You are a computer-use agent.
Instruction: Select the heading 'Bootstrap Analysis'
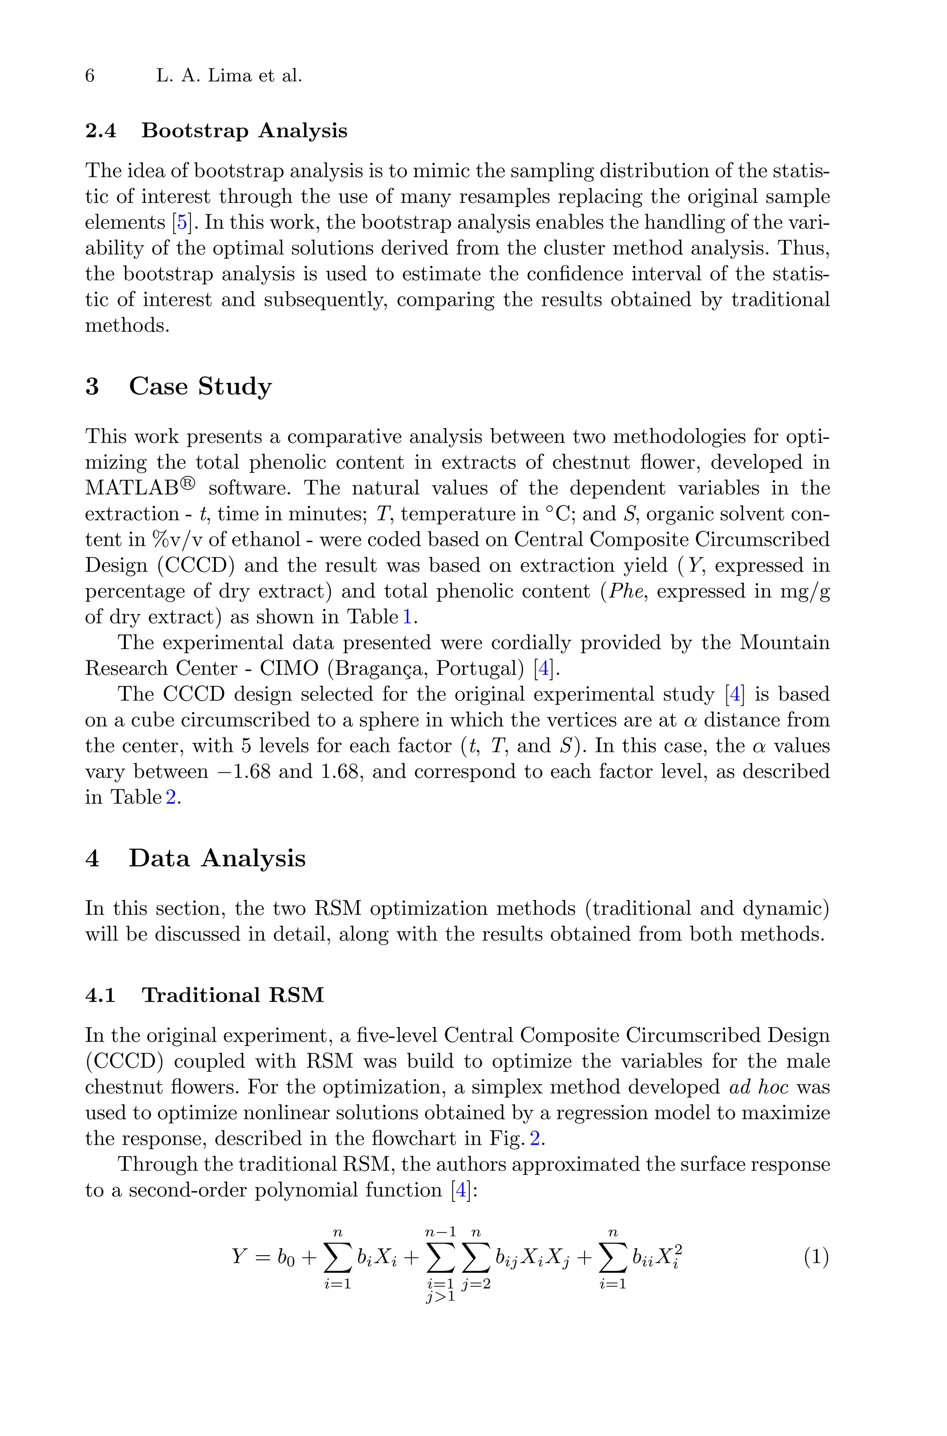244,130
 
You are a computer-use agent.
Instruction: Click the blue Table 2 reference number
171,798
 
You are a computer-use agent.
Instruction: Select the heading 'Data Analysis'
217,858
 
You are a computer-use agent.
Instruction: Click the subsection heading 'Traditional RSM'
233,995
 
